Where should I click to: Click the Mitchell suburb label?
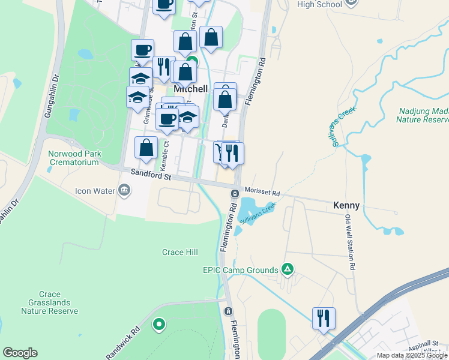click(190, 89)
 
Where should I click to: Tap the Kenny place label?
click(346, 205)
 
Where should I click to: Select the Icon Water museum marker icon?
click(124, 191)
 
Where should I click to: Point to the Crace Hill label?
click(180, 252)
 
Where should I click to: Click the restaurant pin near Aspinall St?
click(324, 318)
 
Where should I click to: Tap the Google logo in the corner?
click(20, 353)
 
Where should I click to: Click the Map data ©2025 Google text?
click(412, 355)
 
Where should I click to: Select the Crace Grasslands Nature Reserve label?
click(49, 303)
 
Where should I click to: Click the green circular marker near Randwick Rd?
click(159, 325)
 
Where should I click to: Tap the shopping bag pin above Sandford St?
click(146, 148)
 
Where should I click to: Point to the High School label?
click(319, 4)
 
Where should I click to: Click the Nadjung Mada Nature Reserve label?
click(422, 115)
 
